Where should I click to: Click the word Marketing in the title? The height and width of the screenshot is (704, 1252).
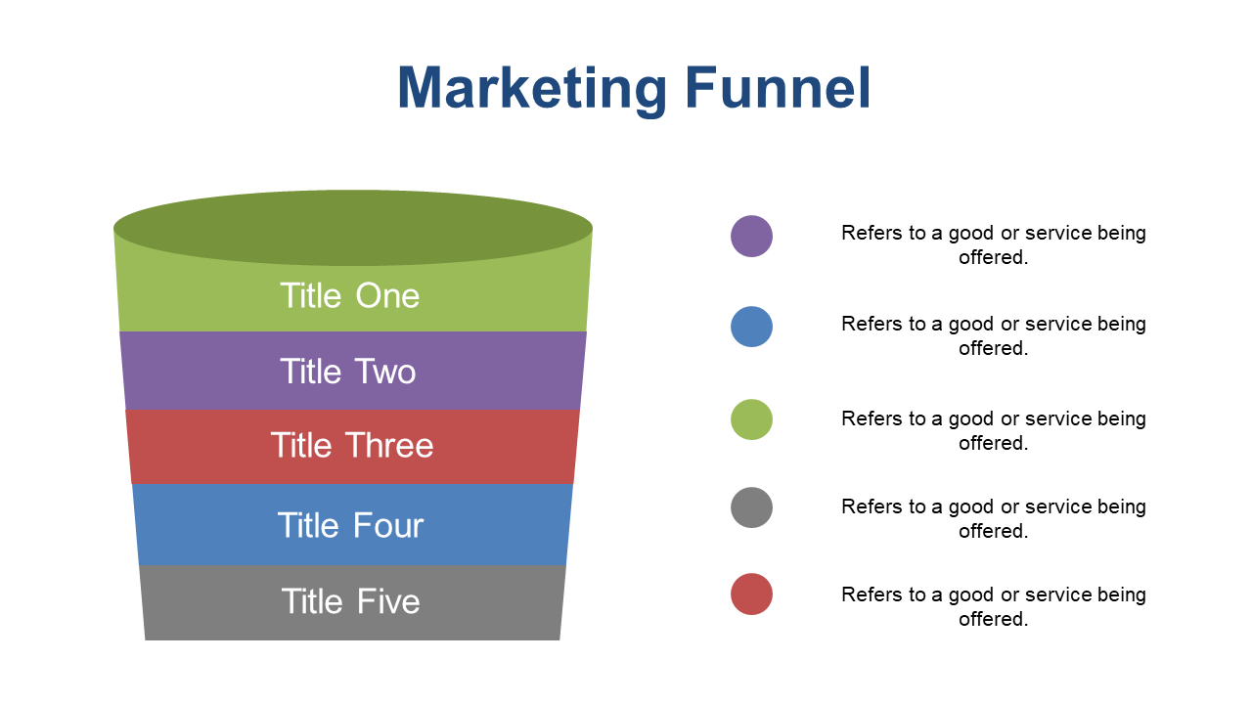[532, 89]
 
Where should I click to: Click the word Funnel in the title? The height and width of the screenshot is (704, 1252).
[778, 88]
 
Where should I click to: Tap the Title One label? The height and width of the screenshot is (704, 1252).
[350, 295]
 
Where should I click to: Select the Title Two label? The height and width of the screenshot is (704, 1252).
[347, 371]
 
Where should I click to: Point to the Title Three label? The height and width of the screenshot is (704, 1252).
[352, 445]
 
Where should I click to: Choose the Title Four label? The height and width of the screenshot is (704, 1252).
[350, 525]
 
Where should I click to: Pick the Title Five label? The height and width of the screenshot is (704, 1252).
[350, 601]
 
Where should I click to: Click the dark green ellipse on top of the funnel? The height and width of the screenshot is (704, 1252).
[353, 228]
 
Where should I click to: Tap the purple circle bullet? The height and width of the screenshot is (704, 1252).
[752, 237]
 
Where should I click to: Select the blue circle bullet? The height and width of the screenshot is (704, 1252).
[752, 327]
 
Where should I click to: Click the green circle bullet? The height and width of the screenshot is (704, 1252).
[752, 419]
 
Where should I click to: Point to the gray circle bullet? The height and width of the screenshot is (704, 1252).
[752, 507]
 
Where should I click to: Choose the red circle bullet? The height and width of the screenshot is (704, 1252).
[752, 594]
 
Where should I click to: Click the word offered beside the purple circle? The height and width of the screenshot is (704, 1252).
[993, 257]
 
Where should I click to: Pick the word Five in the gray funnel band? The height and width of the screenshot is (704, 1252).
[388, 601]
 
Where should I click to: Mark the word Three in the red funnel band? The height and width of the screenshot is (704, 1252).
[389, 445]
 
